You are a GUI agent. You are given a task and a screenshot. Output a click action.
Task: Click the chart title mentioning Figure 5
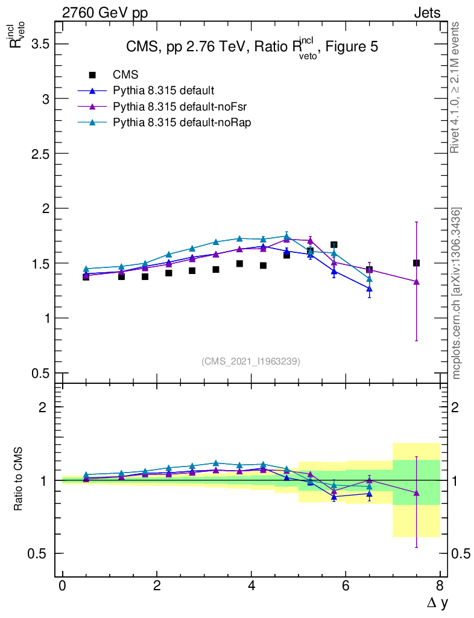pos(251,48)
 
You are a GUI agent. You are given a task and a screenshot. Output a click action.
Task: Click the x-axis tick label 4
pos(251,585)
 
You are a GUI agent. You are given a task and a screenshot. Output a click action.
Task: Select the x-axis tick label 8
pos(440,585)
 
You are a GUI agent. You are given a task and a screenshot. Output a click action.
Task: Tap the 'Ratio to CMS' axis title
pos(19,480)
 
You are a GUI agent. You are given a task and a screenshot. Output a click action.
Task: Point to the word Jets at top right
pos(426,13)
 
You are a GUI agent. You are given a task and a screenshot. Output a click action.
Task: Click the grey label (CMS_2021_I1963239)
pos(251,361)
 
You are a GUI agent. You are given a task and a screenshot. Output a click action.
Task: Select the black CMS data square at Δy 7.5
pos(416,263)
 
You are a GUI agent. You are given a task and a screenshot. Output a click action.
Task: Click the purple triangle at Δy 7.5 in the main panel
pos(416,281)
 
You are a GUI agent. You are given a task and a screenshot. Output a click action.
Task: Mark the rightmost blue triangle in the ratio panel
pos(369,494)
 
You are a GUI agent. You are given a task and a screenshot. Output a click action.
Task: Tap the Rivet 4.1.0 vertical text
pos(455,87)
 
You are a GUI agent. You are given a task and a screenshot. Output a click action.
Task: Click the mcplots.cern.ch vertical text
pos(457,293)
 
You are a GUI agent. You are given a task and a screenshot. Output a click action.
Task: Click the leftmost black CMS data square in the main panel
pos(86,276)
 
